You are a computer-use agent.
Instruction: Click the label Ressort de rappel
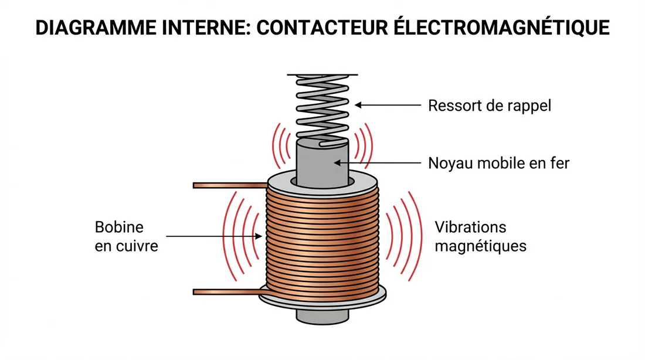[489, 106]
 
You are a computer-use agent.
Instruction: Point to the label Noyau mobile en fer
[498, 163]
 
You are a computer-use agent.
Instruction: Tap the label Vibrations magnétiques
[480, 236]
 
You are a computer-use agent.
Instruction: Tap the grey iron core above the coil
[322, 161]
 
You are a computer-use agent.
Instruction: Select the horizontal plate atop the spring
[322, 75]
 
